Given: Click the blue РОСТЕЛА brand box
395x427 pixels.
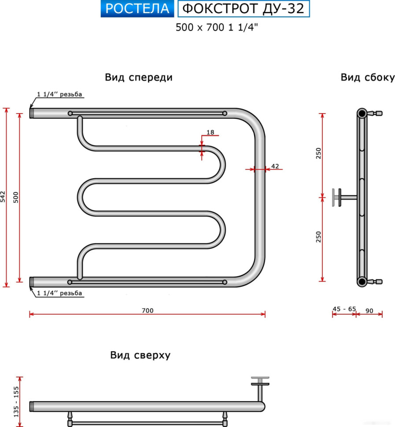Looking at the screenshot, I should tap(137, 9).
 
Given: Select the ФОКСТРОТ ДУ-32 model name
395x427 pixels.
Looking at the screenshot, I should tap(243, 9).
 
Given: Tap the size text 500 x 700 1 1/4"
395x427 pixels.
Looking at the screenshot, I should tap(216, 27).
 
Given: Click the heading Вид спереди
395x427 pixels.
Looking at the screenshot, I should tap(138, 77).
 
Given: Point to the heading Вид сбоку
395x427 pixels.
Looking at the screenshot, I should tap(367, 77).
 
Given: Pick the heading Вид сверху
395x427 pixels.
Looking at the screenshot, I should tap(140, 355).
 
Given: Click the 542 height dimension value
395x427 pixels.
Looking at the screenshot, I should tap(3, 196).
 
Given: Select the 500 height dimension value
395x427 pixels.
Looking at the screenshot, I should tap(16, 197).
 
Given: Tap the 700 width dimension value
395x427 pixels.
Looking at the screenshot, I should tap(148, 311).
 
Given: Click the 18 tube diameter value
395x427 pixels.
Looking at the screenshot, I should tap(210, 133).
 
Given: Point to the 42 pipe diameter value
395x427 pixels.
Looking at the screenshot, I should tap(275, 166).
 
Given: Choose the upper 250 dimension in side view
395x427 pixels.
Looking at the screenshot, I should tap(319, 153).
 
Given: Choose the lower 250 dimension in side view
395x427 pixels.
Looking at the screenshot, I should tap(319, 237).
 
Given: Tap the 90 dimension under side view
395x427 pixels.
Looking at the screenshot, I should tap(369, 311).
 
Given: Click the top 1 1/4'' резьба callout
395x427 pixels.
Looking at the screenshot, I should tap(60, 94).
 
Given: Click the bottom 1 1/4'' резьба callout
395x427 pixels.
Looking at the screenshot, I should tap(60, 293).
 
